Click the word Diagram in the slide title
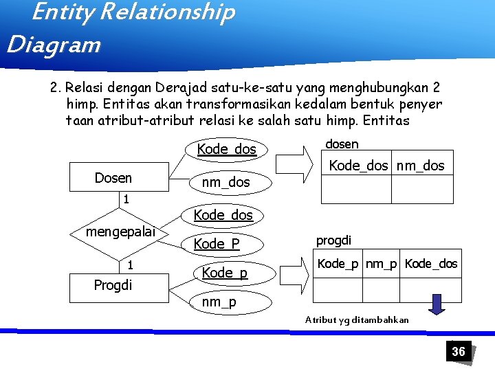54,45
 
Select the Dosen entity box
113,178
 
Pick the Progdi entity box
113,284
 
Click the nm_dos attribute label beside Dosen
225,182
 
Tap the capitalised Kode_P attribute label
217,244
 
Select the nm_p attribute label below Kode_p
219,302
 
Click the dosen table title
341,144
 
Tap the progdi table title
333,240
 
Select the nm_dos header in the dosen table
421,166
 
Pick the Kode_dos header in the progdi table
431,264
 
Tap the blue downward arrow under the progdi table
435,303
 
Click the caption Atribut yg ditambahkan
357,319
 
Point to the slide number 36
458,352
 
